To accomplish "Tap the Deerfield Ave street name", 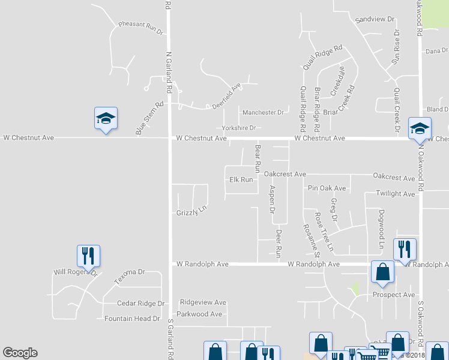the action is (226, 96).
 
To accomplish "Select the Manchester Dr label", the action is (263, 112).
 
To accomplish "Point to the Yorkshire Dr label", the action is (238, 128).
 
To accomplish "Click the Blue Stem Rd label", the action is (149, 118).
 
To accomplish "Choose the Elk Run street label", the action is (241, 179).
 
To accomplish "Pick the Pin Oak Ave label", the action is (327, 188).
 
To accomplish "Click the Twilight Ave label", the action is (396, 194).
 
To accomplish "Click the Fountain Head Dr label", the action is (132, 319).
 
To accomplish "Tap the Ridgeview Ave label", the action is (203, 302).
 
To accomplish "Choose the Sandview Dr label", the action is (375, 19).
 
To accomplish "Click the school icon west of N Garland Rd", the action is (106, 119).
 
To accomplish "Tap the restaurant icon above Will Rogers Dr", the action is (88, 256).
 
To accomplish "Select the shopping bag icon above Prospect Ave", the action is (382, 272).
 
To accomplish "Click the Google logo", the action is (20, 353).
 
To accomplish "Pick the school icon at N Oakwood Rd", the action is (420, 128).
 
